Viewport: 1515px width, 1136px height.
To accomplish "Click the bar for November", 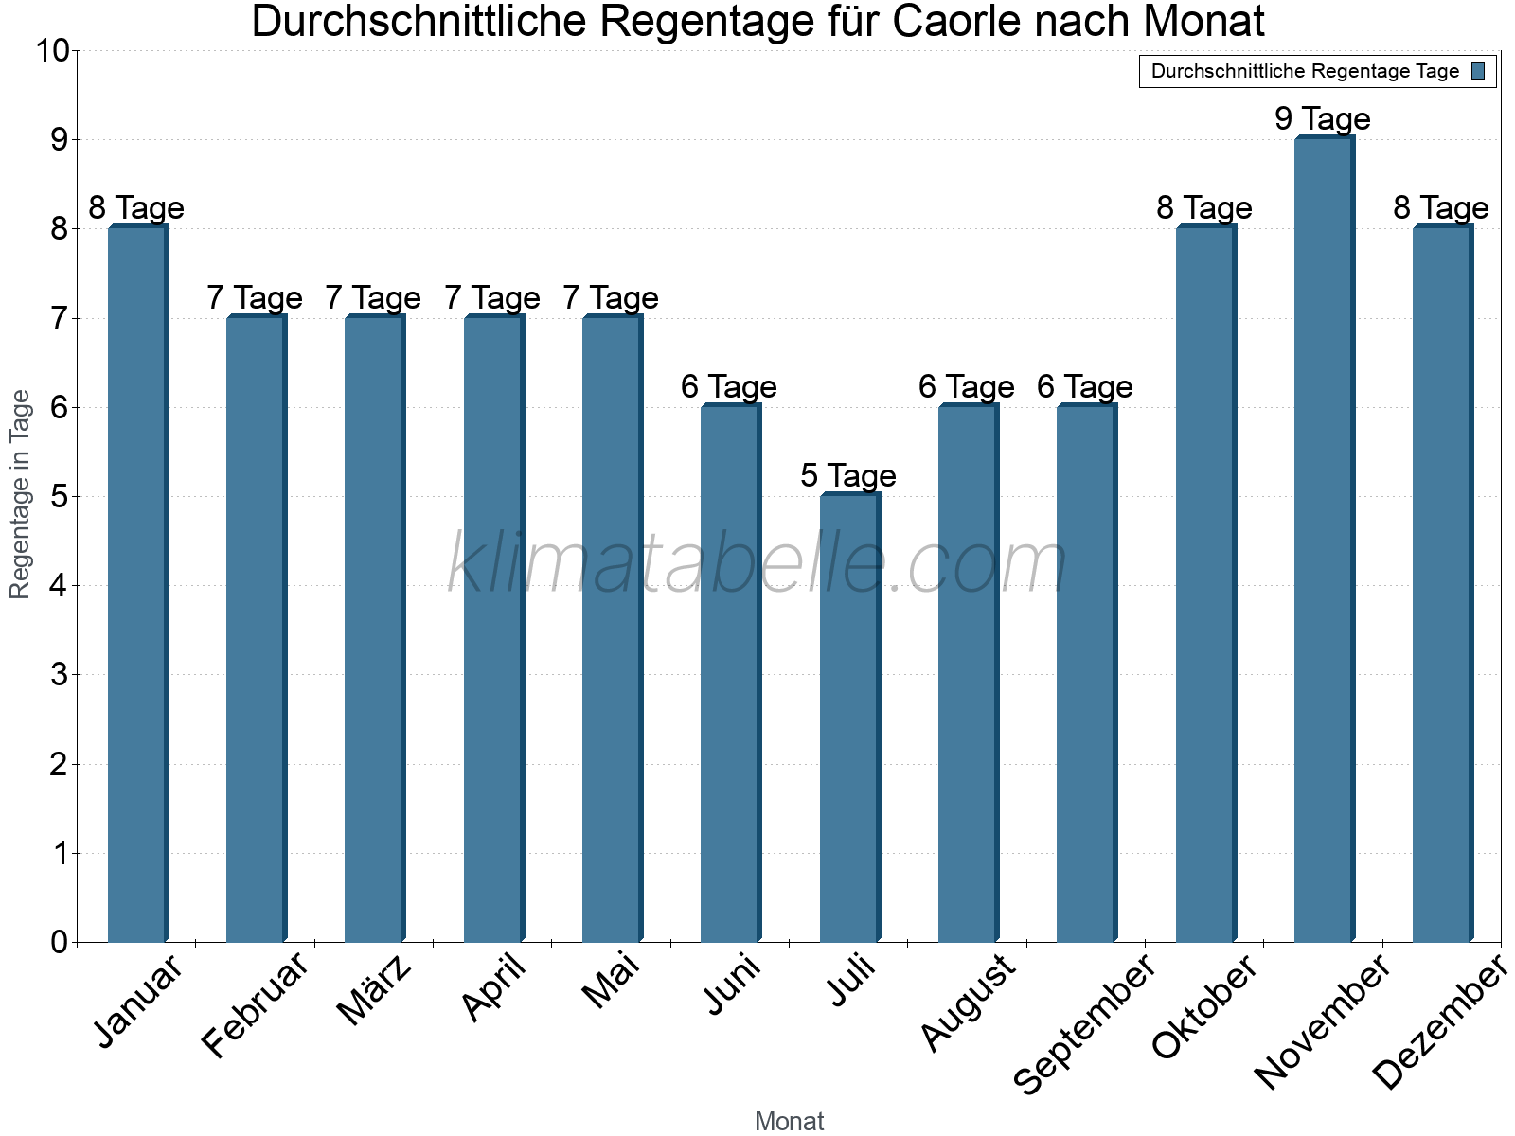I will [1324, 540].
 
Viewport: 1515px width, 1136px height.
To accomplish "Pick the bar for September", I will [1086, 673].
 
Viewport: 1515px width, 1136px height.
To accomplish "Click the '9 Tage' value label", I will [1323, 119].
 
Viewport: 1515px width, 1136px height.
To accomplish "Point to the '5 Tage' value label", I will [848, 475].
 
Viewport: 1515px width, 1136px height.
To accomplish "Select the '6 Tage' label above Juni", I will [729, 386].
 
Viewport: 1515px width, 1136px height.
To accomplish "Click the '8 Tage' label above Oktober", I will [1204, 208].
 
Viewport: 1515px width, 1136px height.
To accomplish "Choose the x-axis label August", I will [968, 1003].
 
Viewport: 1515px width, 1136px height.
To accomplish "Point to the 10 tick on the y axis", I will [52, 50].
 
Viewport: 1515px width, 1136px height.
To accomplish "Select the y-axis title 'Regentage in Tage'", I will [20, 494].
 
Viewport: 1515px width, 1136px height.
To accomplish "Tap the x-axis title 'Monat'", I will [789, 1122].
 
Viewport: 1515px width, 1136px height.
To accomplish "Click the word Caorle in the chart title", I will [954, 22].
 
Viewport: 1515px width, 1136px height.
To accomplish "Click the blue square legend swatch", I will [1478, 71].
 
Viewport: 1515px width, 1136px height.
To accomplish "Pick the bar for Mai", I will [612, 629].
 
